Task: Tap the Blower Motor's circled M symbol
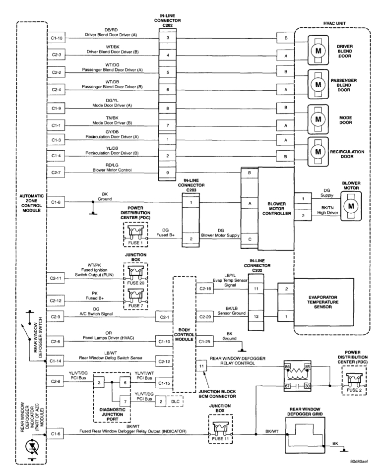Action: click(350, 205)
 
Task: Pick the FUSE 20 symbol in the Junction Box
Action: click(136, 271)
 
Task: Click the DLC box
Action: click(175, 400)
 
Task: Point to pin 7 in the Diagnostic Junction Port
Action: click(127, 400)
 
